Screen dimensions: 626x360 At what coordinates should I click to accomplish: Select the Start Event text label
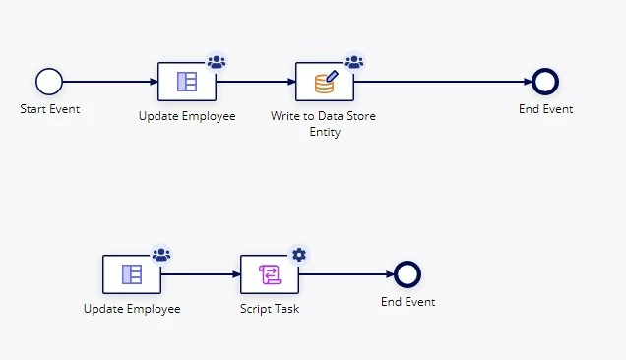click(50, 109)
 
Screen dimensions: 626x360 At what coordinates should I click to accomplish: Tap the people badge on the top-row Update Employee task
click(217, 62)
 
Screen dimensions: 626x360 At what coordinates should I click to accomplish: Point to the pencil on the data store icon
click(332, 77)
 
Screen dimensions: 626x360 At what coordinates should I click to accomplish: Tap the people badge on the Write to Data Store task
click(354, 62)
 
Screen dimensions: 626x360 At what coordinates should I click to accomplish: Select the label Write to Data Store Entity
click(324, 124)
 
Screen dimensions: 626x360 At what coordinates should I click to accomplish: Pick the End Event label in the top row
click(545, 109)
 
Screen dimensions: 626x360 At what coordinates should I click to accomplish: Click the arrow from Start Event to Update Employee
click(110, 82)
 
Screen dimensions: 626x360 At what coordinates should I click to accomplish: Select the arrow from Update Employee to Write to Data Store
click(256, 82)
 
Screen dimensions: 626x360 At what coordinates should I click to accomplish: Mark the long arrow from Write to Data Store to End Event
click(443, 82)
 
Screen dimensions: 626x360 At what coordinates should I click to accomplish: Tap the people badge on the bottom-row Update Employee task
click(161, 255)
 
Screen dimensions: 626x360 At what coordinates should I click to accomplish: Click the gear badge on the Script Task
click(299, 255)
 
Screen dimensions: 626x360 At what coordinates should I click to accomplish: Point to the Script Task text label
click(270, 309)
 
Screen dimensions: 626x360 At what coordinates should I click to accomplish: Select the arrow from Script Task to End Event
click(346, 274)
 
